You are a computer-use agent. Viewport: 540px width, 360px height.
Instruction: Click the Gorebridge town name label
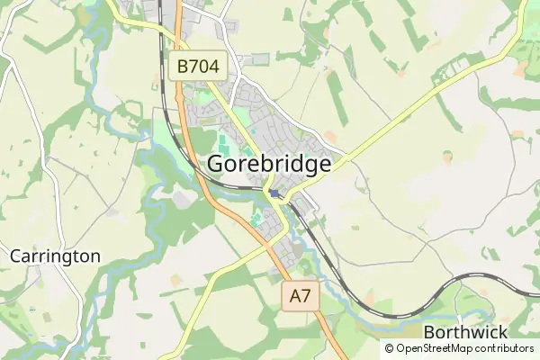(x=270, y=164)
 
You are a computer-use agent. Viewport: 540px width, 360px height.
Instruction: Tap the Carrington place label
(x=55, y=256)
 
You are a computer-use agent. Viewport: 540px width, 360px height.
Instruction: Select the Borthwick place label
(x=464, y=332)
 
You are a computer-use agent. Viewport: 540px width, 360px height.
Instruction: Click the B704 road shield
(x=198, y=66)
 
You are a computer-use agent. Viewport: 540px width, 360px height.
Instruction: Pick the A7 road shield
(x=301, y=296)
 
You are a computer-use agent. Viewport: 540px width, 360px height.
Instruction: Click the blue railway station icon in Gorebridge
(x=273, y=192)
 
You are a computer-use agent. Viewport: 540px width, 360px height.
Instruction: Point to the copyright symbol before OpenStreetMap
(x=390, y=348)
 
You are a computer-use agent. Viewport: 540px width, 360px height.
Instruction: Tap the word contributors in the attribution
(x=505, y=348)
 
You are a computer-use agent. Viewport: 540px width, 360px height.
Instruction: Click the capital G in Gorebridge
(x=218, y=164)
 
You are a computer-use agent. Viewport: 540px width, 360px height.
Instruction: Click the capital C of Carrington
(x=15, y=256)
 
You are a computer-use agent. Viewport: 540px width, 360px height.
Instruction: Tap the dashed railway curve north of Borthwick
(x=423, y=305)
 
